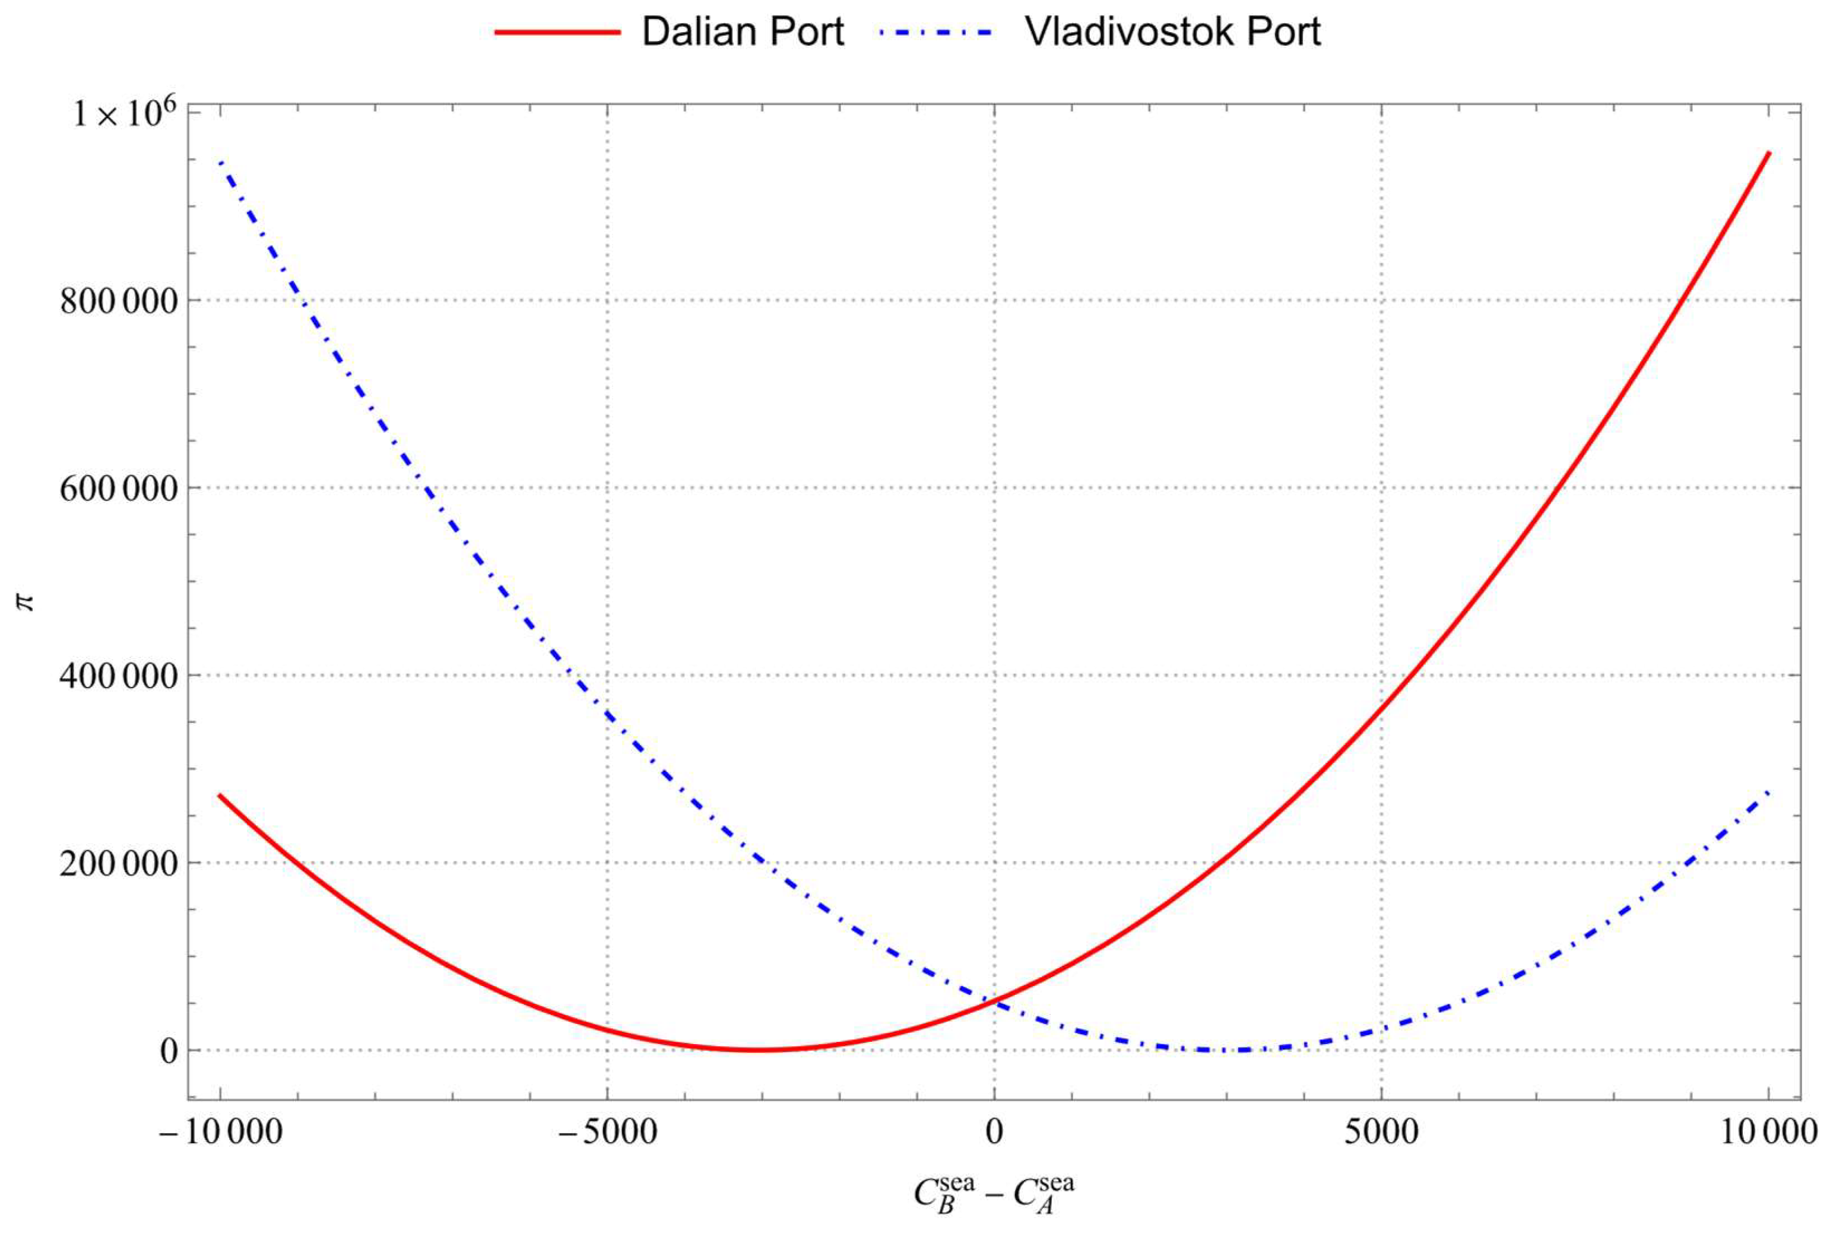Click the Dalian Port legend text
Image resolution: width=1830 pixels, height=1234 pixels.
coord(743,32)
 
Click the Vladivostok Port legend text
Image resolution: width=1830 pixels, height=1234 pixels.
coord(1172,32)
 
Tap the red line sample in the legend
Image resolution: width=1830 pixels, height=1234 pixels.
coord(557,32)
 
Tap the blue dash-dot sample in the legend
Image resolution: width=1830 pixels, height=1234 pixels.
coord(936,32)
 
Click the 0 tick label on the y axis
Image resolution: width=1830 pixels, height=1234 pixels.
coord(169,1050)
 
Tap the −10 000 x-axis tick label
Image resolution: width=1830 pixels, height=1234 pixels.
coord(220,1133)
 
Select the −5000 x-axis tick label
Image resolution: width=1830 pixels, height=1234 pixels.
coord(607,1133)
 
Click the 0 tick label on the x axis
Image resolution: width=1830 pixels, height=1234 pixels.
coord(994,1133)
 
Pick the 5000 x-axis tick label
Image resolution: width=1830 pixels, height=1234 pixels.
coord(1381,1133)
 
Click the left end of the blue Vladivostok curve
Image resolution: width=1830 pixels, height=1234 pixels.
coord(220,161)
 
